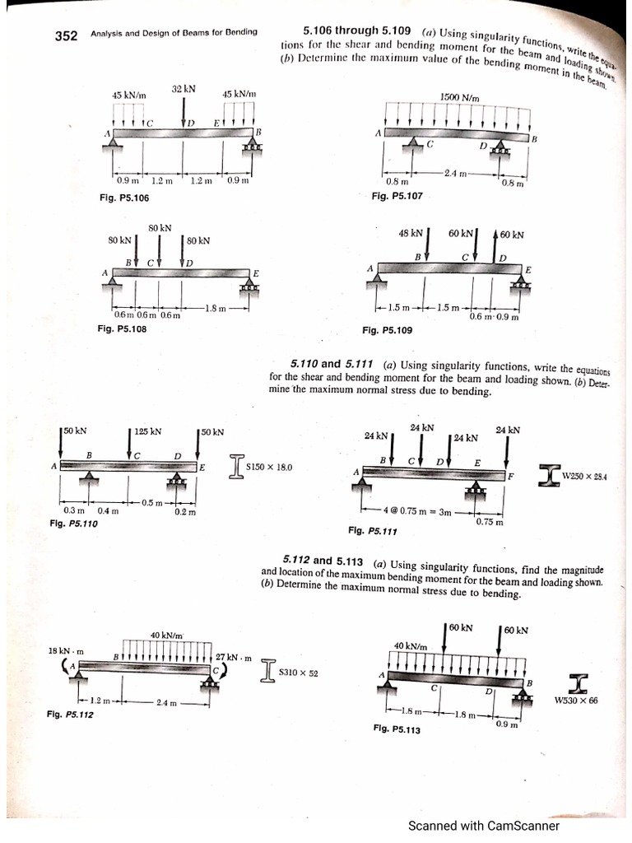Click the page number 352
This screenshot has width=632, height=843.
tap(66, 35)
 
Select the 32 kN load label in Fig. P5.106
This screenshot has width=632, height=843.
tap(184, 87)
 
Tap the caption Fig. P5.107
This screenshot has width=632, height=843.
tap(397, 196)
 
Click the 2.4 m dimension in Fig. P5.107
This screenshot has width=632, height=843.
tap(456, 173)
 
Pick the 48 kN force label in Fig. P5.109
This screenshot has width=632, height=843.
tap(410, 234)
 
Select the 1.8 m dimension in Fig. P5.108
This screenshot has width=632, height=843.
tap(216, 309)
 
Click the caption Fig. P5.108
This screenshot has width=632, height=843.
tap(122, 329)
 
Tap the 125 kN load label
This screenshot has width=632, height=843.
tap(147, 431)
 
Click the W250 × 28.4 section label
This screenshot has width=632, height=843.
tap(583, 475)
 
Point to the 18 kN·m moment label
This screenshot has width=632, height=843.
tap(66, 651)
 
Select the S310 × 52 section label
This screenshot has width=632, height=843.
tap(299, 673)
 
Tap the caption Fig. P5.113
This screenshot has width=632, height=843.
tap(397, 729)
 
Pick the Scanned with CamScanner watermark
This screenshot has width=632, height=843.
tap(484, 825)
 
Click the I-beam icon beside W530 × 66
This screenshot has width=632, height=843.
tap(576, 682)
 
